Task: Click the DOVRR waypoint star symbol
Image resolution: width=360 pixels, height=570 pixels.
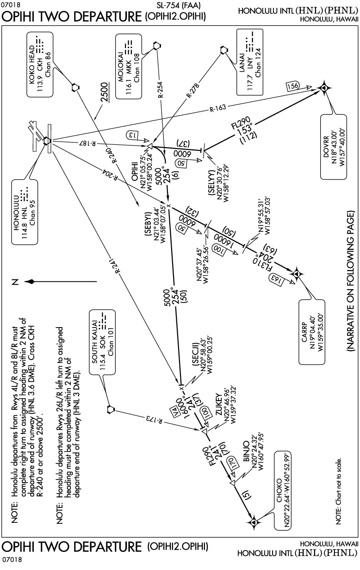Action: pos(325,87)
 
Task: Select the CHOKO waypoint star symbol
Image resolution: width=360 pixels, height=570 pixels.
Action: pos(253,522)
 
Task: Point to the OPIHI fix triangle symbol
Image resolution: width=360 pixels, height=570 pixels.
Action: pos(149,147)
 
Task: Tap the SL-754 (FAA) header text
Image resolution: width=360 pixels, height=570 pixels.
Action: pos(179,6)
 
